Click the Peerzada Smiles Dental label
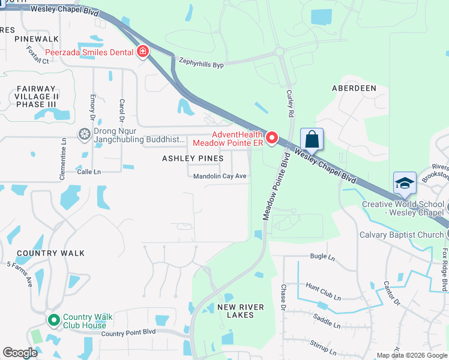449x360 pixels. click(x=89, y=52)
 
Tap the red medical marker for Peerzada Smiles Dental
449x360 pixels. click(x=143, y=52)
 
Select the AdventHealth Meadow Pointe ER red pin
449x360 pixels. click(x=271, y=139)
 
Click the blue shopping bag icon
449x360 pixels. click(x=312, y=139)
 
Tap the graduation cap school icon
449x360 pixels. click(x=405, y=182)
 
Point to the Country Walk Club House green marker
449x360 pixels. click(x=54, y=321)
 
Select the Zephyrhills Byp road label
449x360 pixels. click(x=201, y=62)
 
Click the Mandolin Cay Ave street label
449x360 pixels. click(x=220, y=176)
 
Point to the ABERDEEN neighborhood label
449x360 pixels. click(x=354, y=88)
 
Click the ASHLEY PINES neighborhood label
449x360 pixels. click(x=193, y=158)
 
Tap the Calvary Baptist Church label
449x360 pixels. click(x=401, y=235)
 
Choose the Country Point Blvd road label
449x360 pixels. click(x=128, y=332)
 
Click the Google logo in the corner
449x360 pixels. click(x=20, y=353)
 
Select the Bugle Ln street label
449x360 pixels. click(x=322, y=257)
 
